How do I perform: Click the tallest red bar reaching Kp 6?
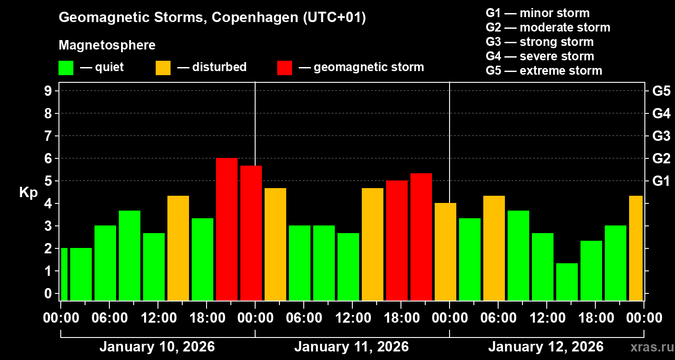(x=227, y=229)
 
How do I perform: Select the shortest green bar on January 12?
(x=567, y=282)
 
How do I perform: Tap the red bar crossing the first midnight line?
(x=251, y=233)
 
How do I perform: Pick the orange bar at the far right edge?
(x=636, y=248)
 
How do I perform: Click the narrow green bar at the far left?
(x=64, y=274)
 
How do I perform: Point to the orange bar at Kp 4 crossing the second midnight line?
(x=445, y=252)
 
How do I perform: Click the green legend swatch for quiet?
(x=66, y=68)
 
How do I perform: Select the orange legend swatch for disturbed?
(x=163, y=68)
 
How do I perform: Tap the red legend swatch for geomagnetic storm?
(x=284, y=68)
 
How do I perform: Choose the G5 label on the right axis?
(x=661, y=91)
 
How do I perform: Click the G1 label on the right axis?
(x=661, y=181)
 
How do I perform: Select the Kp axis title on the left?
(x=28, y=193)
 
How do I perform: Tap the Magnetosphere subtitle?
(x=107, y=45)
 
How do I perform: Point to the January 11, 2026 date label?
(x=351, y=347)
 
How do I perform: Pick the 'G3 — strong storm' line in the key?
(x=540, y=42)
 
